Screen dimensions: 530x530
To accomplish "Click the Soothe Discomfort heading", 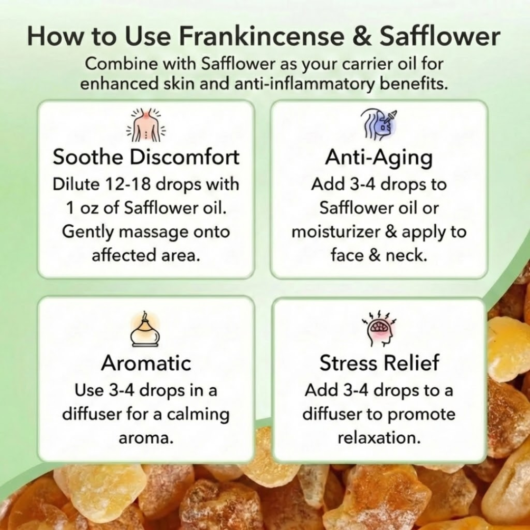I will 146,158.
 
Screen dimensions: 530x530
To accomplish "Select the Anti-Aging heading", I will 379,158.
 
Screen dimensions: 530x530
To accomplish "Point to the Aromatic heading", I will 146,364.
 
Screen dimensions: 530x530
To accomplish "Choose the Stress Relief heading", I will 379,364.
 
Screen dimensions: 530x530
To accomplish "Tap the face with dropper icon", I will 379,124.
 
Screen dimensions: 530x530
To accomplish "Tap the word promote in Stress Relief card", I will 421,414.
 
